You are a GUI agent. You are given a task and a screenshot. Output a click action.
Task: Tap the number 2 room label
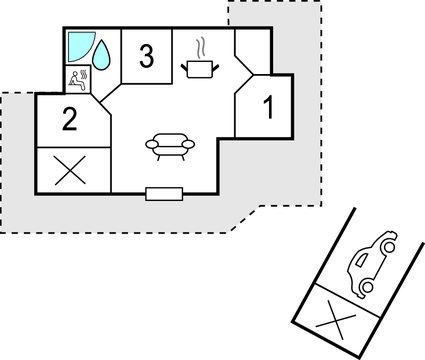point(68,121)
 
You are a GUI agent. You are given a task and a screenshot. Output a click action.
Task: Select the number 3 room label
point(147,57)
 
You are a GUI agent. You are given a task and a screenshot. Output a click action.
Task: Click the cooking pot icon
point(199,67)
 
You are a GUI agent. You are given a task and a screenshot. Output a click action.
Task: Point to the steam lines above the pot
point(200,46)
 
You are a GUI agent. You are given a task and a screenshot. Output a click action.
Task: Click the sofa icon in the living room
point(169,145)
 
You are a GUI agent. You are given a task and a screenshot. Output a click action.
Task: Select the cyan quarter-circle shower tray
point(79,45)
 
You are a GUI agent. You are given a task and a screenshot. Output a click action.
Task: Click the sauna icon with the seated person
point(80,80)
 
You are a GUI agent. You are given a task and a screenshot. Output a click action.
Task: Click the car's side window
point(380,251)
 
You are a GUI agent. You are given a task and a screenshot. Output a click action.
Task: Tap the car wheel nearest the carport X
point(367,288)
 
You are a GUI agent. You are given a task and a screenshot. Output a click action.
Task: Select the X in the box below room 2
point(69,171)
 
